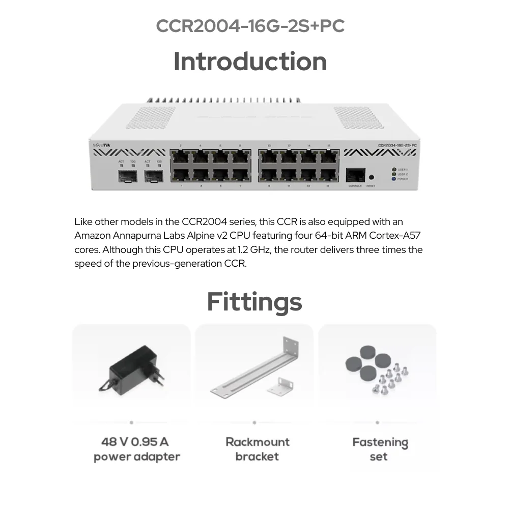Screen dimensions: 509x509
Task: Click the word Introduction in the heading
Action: pyautogui.click(x=250, y=62)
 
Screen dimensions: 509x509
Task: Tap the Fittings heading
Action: pyautogui.click(x=254, y=302)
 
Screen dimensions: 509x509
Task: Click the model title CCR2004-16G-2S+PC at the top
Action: pyautogui.click(x=250, y=26)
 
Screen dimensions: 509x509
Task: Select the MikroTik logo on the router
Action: pyautogui.click(x=100, y=146)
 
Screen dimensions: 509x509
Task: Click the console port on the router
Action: pyautogui.click(x=355, y=175)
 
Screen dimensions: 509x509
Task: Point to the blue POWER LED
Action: pyautogui.click(x=394, y=179)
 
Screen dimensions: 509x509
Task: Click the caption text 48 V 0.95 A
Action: pyautogui.click(x=135, y=441)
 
